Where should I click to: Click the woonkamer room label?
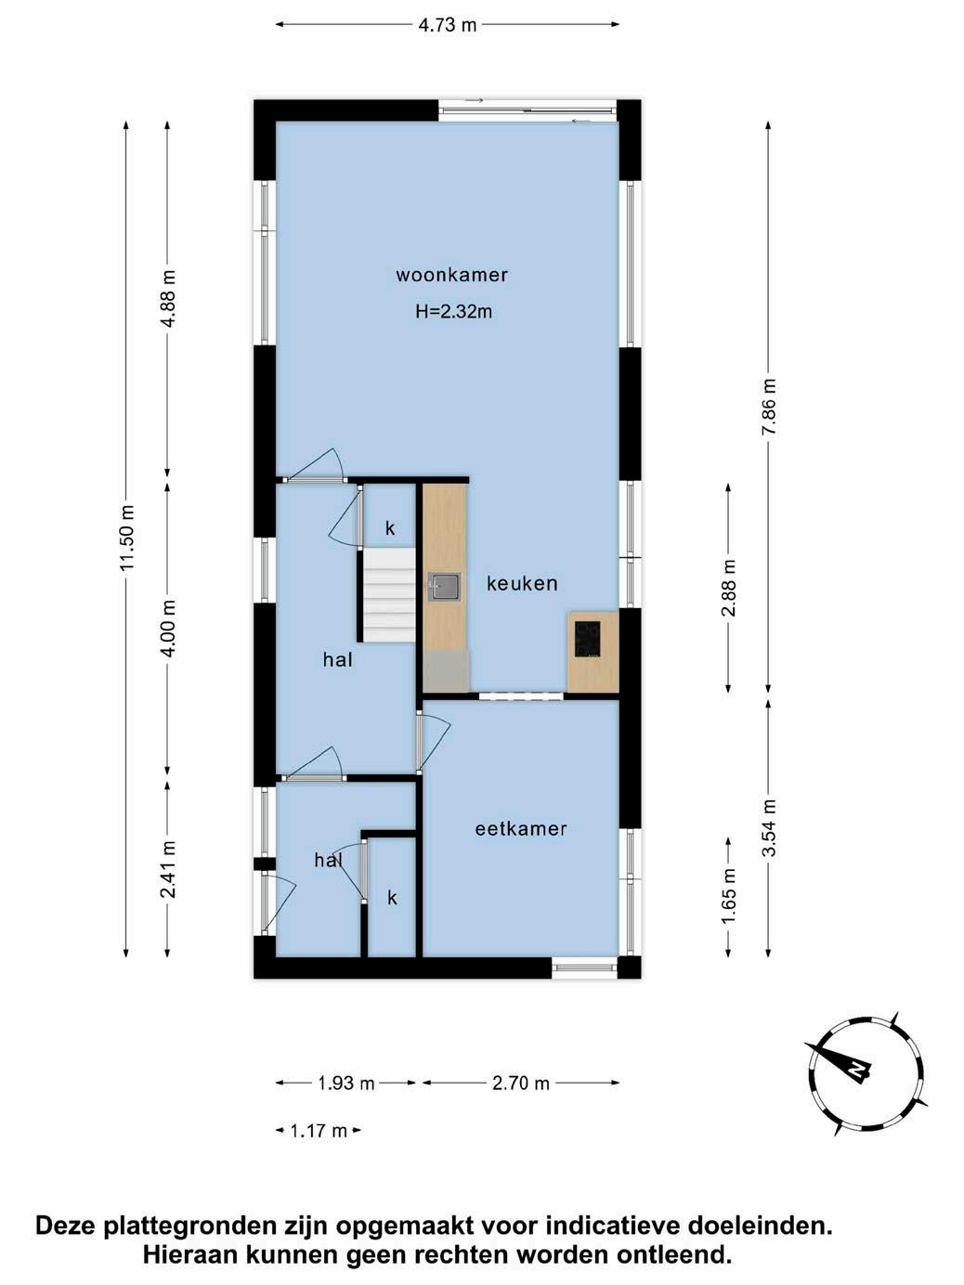click(x=452, y=275)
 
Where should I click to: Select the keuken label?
click(x=522, y=583)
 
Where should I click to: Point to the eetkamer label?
click(x=521, y=828)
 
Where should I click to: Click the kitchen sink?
click(x=444, y=587)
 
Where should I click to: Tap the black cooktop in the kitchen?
click(x=587, y=639)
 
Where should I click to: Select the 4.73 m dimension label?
click(x=448, y=24)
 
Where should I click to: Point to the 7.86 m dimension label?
click(x=769, y=407)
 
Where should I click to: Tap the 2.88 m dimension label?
click(x=729, y=588)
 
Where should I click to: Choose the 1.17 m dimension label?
click(x=319, y=1131)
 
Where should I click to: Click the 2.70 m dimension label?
click(x=521, y=1083)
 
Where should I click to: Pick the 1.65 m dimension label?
click(x=729, y=896)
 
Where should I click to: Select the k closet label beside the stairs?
click(x=390, y=528)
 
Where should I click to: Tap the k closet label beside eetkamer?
click(x=392, y=898)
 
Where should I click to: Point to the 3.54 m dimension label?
click(x=769, y=828)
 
